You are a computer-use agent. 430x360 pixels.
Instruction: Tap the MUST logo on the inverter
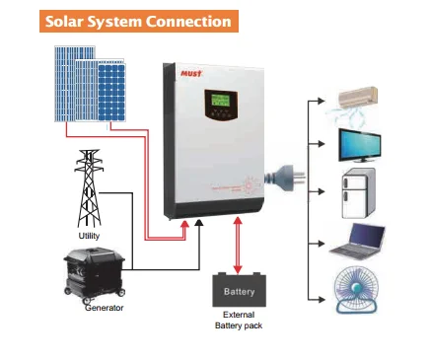point(187,70)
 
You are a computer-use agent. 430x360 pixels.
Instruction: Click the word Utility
point(90,234)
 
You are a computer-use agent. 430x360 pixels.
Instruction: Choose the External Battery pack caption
point(239,321)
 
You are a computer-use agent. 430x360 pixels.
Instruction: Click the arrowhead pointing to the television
point(328,144)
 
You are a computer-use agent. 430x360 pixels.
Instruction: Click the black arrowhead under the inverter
point(200,226)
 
